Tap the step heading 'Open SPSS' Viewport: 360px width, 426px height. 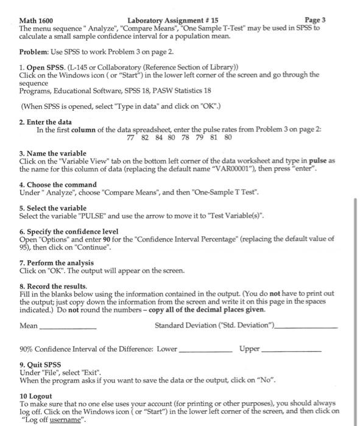point(42,66)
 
